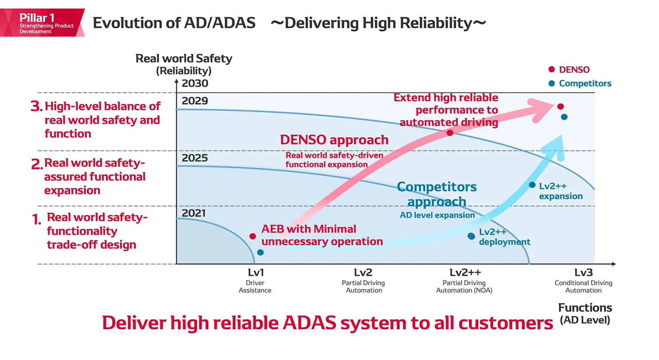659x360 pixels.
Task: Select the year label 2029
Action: [195, 101]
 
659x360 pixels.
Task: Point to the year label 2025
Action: [195, 158]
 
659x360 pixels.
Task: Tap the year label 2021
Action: [194, 213]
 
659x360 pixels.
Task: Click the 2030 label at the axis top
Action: [195, 83]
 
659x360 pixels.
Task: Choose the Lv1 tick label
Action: [256, 272]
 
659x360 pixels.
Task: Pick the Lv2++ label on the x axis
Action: [465, 272]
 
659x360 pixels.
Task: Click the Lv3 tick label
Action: [583, 272]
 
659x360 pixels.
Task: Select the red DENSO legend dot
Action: [551, 69]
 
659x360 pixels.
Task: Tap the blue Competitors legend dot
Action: [551, 83]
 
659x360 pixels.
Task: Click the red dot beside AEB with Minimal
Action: [253, 236]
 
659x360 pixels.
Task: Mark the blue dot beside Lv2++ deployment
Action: [471, 236]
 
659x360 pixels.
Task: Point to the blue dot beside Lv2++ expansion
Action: [532, 185]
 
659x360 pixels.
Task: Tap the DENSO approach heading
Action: [334, 140]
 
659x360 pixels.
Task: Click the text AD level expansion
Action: [437, 215]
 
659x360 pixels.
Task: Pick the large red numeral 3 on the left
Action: [36, 106]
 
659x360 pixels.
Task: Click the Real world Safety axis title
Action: [184, 59]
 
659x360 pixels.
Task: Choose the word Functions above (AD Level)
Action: [585, 308]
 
